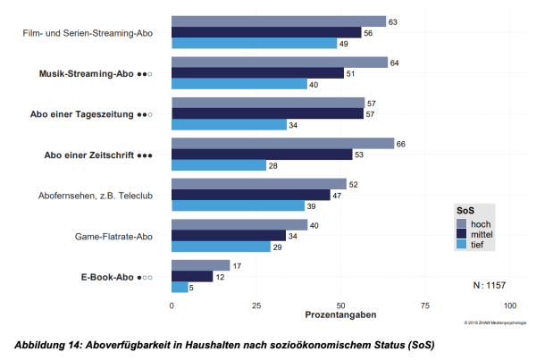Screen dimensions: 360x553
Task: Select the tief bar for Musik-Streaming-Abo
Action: pos(239,84)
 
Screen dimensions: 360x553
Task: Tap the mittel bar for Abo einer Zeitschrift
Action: pos(261,154)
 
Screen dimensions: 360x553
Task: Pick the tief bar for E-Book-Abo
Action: pos(180,287)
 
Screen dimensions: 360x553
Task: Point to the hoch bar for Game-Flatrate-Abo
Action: pos(239,225)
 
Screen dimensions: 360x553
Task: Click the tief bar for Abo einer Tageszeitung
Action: pos(230,124)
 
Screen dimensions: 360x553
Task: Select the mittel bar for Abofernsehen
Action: pos(251,195)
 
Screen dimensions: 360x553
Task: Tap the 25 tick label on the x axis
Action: pos(256,306)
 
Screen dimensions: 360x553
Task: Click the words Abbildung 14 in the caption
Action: pos(48,343)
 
